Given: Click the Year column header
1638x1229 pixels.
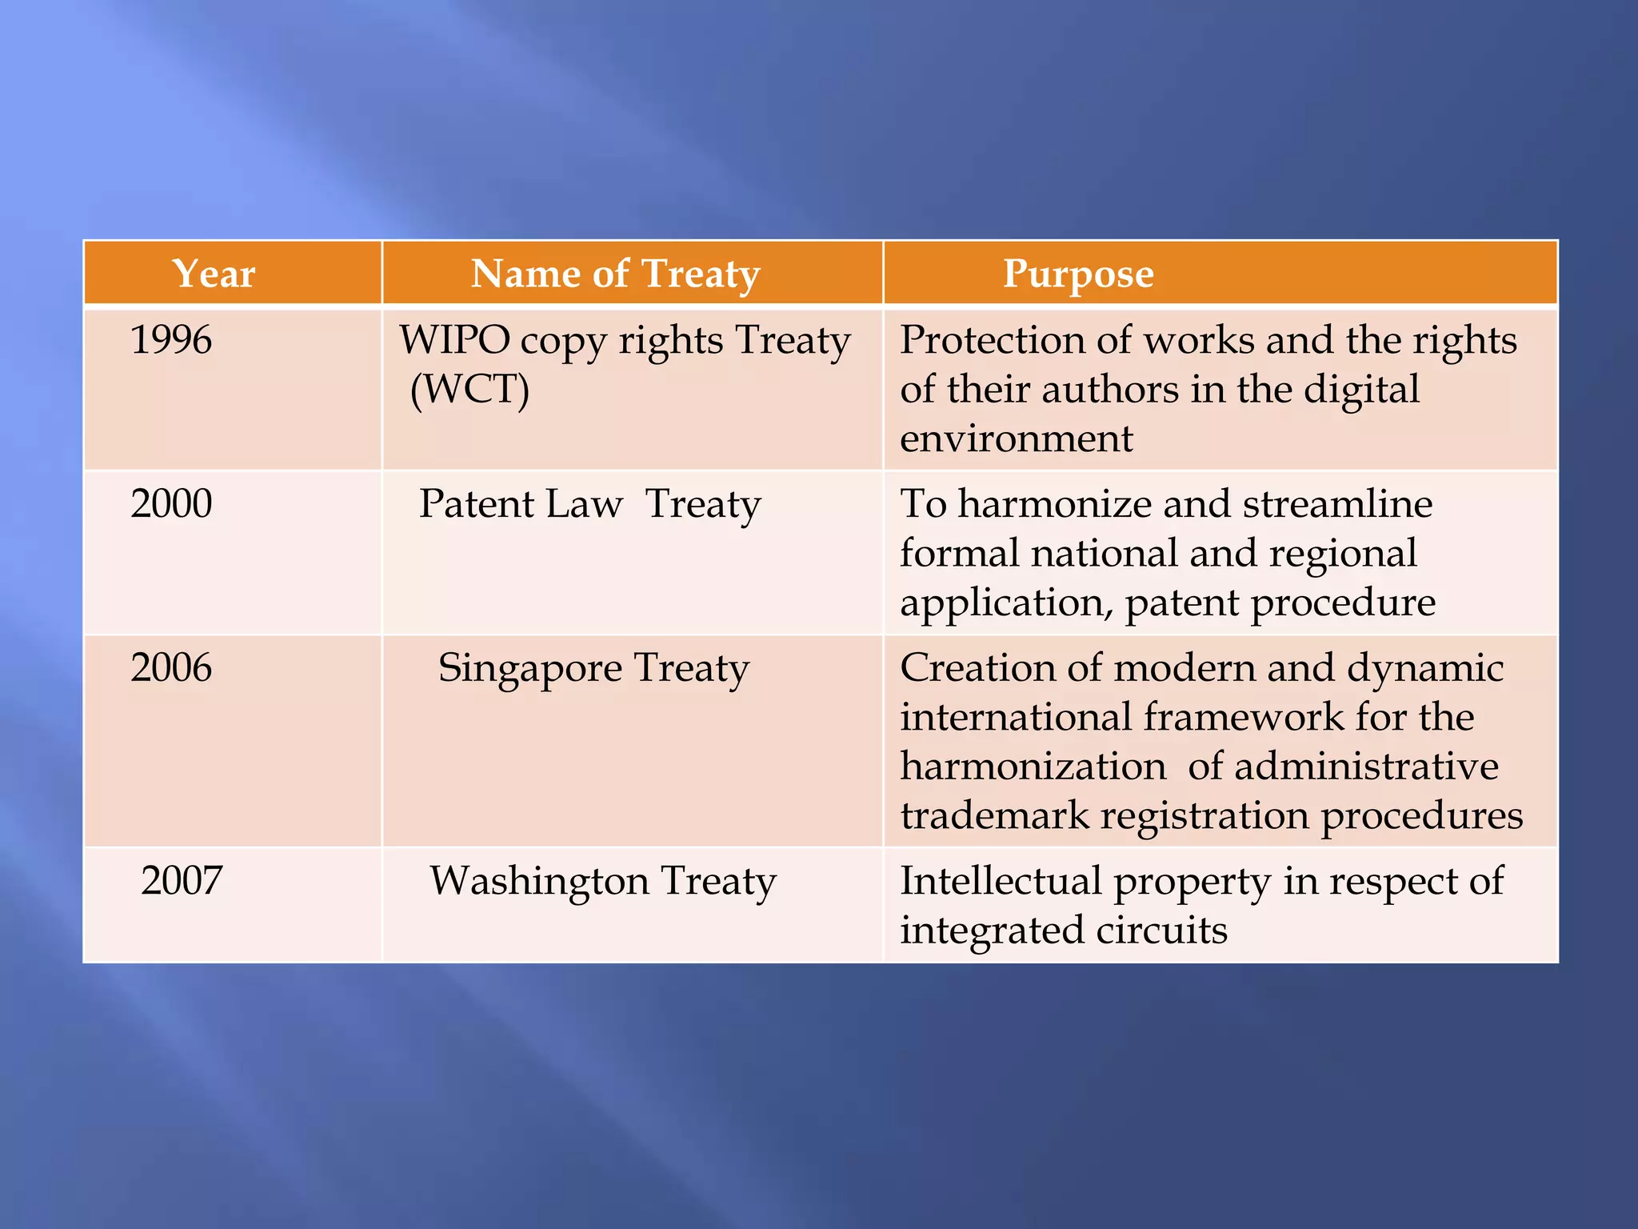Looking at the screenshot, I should click(x=214, y=274).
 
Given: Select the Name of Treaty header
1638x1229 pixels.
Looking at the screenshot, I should click(x=615, y=274).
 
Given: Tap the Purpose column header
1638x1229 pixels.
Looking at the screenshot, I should click(x=1078, y=274).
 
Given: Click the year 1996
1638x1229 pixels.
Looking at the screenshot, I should click(x=171, y=339).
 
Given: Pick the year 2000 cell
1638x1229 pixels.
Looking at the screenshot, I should click(x=171, y=503).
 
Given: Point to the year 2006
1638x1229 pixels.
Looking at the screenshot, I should click(x=171, y=667).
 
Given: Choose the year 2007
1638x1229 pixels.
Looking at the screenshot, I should click(x=182, y=880).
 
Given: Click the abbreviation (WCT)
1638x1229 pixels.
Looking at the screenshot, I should click(x=469, y=390).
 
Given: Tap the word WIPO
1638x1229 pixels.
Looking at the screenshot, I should click(x=454, y=339).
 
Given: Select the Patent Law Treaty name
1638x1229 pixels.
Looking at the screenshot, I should click(x=590, y=504).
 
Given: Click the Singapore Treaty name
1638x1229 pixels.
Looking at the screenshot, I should click(x=593, y=668).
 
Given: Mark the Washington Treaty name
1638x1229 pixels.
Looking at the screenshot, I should click(x=603, y=881).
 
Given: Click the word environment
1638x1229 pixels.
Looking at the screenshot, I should click(x=1017, y=438).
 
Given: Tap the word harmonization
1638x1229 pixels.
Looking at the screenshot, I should click(x=1033, y=767).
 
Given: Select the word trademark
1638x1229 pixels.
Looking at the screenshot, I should click(x=995, y=815).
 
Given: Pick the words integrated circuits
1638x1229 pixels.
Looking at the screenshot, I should click(x=1064, y=930).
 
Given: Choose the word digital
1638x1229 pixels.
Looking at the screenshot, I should click(x=1362, y=390).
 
